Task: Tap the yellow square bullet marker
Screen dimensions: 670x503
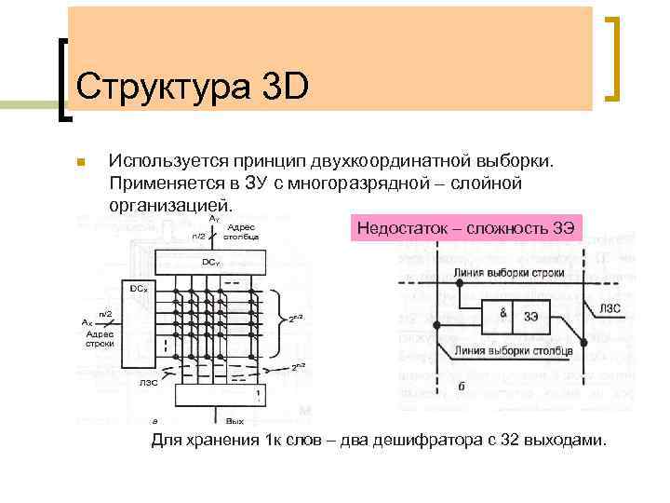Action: (x=81, y=162)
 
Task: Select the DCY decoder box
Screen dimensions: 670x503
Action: (x=212, y=262)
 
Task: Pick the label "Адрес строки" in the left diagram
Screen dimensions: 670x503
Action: (x=99, y=338)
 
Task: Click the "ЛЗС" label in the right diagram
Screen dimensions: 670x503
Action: (x=610, y=307)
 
